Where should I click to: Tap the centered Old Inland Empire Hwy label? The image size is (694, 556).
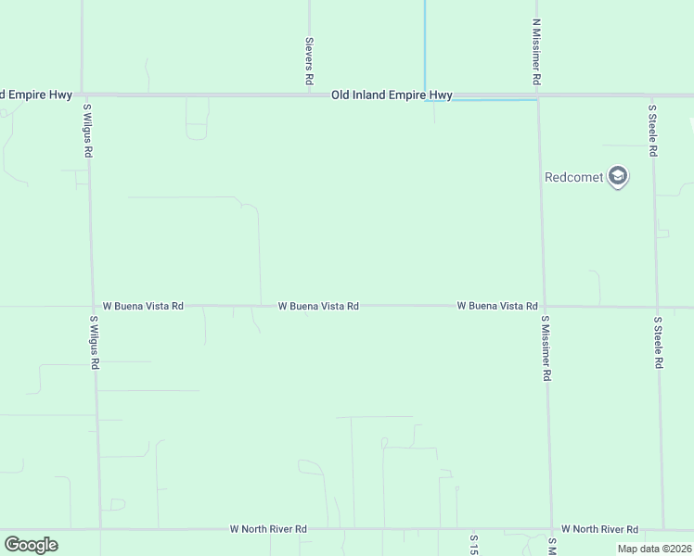[x=392, y=95]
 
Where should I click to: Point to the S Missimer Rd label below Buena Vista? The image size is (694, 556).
[x=546, y=348]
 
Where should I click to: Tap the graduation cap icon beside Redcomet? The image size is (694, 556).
[x=618, y=176]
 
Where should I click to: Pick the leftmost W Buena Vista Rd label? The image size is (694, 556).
[x=143, y=305]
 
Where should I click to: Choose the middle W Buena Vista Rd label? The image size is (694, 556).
[x=318, y=306]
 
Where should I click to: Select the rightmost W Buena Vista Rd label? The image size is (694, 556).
[x=497, y=306]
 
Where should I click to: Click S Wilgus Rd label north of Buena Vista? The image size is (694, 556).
[x=87, y=129]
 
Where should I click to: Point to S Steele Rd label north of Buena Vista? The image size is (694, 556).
[x=652, y=130]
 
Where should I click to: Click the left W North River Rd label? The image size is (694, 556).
[x=268, y=529]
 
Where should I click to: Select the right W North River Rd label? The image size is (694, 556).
[x=599, y=529]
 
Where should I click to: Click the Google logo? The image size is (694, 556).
[x=31, y=545]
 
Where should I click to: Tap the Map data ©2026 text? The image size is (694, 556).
[x=654, y=549]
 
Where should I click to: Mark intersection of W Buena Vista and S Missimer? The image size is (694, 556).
[x=544, y=306]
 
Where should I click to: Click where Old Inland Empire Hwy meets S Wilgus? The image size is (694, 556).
[x=84, y=95]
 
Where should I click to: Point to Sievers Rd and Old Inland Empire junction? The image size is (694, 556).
[x=309, y=94]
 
